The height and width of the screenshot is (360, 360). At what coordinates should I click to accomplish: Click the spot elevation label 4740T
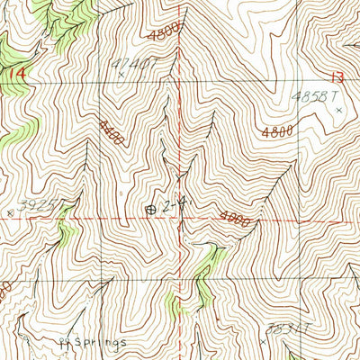(x=127, y=65)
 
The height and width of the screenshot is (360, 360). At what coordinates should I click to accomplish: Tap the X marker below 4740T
(x=121, y=86)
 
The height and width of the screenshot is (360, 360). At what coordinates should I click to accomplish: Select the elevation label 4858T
(x=315, y=94)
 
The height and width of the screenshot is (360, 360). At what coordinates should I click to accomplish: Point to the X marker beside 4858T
(x=339, y=110)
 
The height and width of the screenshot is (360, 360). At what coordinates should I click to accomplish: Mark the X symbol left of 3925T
(x=10, y=213)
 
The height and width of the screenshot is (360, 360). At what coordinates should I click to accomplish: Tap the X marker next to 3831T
(x=263, y=342)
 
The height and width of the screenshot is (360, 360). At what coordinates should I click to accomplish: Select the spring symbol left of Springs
(x=62, y=342)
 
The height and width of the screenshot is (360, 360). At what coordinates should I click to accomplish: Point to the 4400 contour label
(x=112, y=127)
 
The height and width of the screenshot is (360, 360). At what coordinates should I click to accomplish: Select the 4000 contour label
(x=232, y=217)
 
